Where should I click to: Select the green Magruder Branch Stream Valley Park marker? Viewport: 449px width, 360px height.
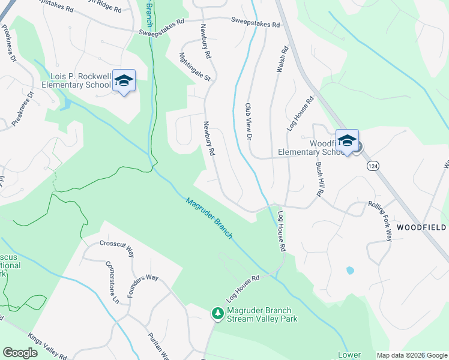pyautogui.click(x=217, y=313)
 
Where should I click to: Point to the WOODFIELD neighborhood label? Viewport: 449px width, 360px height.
pyautogui.click(x=421, y=228)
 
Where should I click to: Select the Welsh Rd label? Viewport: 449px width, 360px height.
pyautogui.click(x=279, y=61)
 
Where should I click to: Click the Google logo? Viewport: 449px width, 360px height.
pyautogui.click(x=20, y=353)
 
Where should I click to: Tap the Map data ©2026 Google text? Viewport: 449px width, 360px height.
pyautogui.click(x=412, y=355)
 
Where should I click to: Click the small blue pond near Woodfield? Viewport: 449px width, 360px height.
pyautogui.click(x=350, y=271)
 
